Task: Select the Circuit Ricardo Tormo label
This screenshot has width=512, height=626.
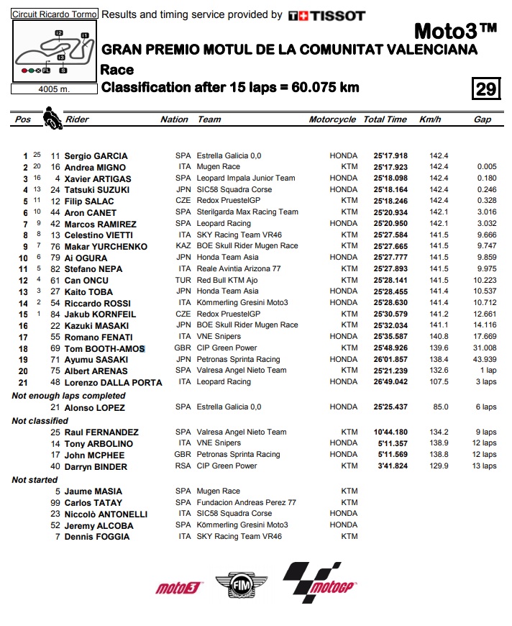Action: [55, 14]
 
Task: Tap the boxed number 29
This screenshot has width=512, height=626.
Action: [486, 89]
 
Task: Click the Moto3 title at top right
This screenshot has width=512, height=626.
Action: [456, 31]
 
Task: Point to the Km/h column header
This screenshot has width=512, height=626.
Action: [430, 119]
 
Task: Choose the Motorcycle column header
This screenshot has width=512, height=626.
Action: [332, 119]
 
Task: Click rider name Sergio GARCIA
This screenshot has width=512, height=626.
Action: [96, 155]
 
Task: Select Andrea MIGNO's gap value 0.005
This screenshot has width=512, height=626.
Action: [486, 167]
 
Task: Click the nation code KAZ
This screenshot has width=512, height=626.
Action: [183, 246]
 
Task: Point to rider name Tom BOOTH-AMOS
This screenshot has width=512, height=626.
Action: [104, 348]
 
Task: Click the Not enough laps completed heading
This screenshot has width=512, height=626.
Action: [68, 395]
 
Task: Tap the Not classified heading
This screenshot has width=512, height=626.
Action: [40, 420]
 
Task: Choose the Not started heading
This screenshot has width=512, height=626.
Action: [35, 479]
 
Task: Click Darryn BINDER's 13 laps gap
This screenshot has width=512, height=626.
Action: [485, 466]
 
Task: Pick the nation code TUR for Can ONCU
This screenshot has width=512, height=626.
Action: [183, 280]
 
